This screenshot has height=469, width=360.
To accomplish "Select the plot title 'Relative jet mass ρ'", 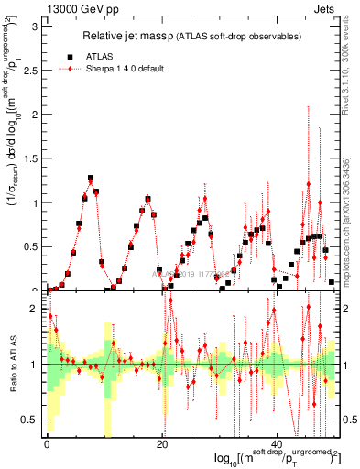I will [x=130, y=36].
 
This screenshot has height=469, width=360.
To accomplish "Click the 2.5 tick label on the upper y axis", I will [x=31, y=70].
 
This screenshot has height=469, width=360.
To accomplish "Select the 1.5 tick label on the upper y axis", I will [x=31, y=158].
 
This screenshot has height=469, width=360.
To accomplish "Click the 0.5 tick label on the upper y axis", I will [x=31, y=246].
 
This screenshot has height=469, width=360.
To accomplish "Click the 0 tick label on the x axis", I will [x=47, y=444].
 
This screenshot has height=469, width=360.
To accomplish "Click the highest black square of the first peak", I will [x=91, y=179].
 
